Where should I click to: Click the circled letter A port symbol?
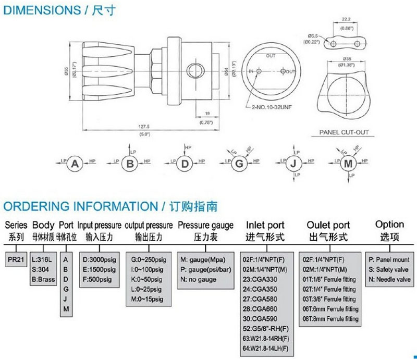(x=75, y=165)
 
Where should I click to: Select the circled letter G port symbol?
(x=239, y=165)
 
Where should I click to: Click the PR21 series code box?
(x=16, y=258)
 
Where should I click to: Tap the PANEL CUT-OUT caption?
(x=344, y=132)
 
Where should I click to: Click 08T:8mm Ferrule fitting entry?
(x=330, y=319)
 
